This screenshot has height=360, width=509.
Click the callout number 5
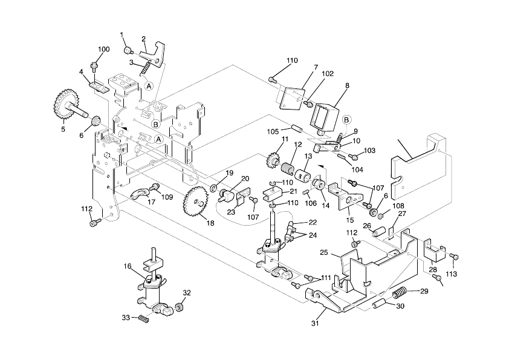pos(63,128)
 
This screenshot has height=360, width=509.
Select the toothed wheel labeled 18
pos(195,200)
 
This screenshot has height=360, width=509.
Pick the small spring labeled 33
pos(143,318)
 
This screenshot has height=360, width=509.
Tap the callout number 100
pos(103,48)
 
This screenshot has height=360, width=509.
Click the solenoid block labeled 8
pos(325,115)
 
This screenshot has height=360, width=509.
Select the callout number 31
pos(314,323)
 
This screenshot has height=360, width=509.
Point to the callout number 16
pos(127,266)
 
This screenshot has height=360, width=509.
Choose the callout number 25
pos(323,252)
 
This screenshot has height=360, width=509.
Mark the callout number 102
pos(327,74)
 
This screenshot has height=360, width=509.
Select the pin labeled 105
pos(297,128)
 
